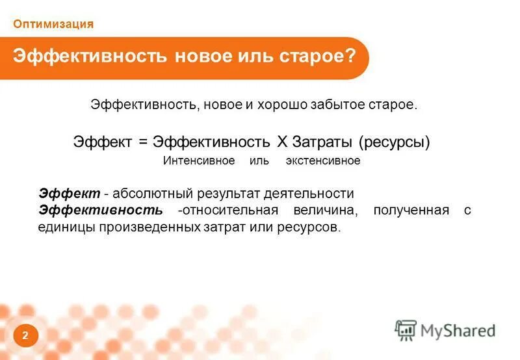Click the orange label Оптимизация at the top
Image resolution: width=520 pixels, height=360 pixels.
coord(53,24)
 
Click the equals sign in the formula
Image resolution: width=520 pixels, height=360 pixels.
coord(141,141)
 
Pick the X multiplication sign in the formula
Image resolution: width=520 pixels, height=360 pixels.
coord(281,141)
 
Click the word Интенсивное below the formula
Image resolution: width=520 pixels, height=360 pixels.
coord(198,161)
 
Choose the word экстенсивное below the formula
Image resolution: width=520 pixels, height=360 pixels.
coord(322,161)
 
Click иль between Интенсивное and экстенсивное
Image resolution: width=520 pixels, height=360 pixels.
coord(259,161)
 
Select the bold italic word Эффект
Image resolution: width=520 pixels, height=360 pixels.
coord(70,194)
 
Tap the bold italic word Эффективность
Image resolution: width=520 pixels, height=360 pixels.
coord(101,211)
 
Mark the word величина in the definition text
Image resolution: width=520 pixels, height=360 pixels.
coord(328,211)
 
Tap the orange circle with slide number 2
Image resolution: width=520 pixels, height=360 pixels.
coord(25,335)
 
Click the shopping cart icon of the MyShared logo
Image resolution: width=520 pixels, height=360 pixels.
coord(406,329)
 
